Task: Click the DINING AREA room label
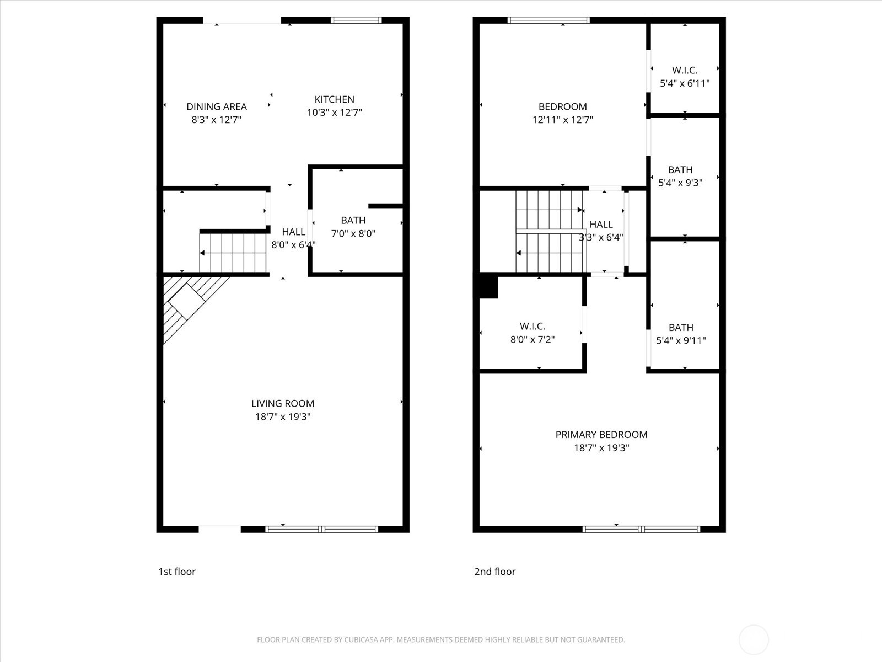(216, 106)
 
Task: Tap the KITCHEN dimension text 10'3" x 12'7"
(334, 113)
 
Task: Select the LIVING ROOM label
(283, 404)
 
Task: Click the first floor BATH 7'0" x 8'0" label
(353, 227)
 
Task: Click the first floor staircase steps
(233, 253)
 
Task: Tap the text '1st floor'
(177, 572)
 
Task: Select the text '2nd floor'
(494, 572)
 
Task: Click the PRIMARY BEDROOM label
(601, 435)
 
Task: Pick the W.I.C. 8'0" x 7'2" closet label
(532, 333)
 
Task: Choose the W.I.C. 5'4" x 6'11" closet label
(684, 77)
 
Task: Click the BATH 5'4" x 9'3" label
(680, 176)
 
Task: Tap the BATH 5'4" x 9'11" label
(680, 334)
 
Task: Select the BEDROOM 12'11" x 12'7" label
(562, 113)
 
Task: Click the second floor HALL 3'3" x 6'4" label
(601, 231)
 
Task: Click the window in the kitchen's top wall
(356, 20)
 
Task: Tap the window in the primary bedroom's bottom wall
(641, 529)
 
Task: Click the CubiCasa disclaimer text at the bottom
(440, 640)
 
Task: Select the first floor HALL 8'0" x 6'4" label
(293, 238)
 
